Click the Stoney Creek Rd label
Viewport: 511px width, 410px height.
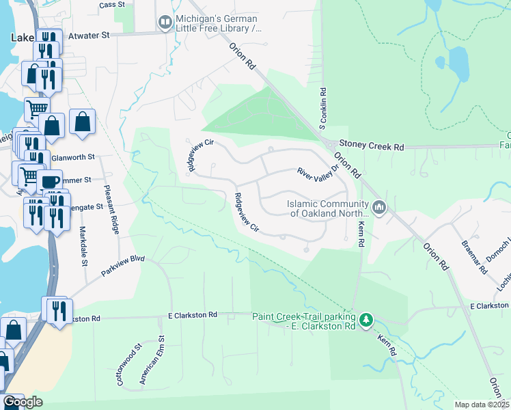pyautogui.click(x=374, y=147)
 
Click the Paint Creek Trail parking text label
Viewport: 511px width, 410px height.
pyautogui.click(x=304, y=321)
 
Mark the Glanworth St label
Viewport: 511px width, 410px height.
pyautogui.click(x=73, y=157)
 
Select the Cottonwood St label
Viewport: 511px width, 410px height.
pyautogui.click(x=128, y=365)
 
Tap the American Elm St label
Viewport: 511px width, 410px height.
pyautogui.click(x=152, y=361)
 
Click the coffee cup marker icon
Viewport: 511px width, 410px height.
pyautogui.click(x=49, y=181)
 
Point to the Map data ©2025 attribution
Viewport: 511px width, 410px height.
pyautogui.click(x=482, y=405)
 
